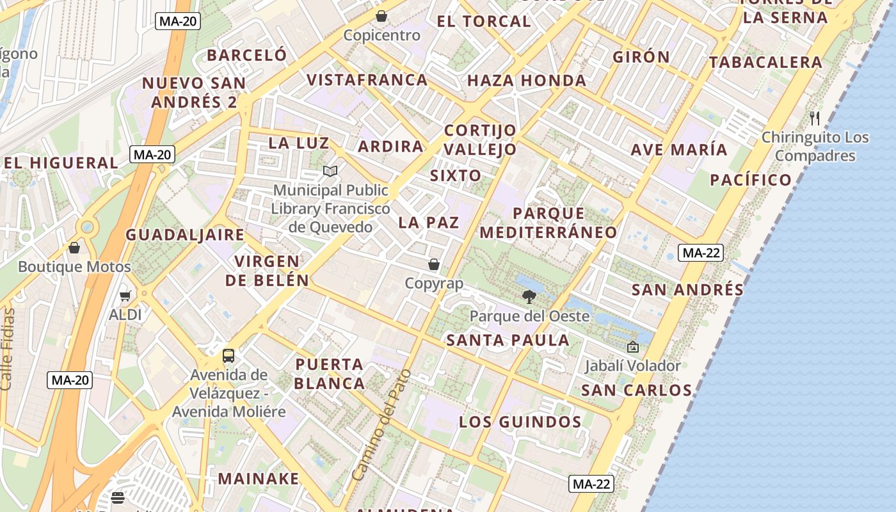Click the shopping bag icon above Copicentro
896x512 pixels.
(x=381, y=15)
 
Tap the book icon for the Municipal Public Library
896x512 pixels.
(x=330, y=172)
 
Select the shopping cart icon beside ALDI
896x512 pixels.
(x=125, y=296)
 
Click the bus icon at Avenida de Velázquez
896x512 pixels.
(x=228, y=356)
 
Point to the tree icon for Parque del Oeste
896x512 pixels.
(x=529, y=297)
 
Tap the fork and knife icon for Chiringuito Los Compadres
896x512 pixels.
(x=815, y=118)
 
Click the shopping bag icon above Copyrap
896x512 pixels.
(x=434, y=264)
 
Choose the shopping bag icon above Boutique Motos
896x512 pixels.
(x=74, y=248)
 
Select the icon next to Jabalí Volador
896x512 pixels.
(x=633, y=347)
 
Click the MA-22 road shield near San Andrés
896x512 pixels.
(x=701, y=253)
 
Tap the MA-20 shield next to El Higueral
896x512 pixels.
(x=152, y=154)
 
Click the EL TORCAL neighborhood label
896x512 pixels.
(x=484, y=21)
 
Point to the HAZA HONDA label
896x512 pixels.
(x=527, y=81)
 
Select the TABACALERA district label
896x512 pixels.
(x=765, y=63)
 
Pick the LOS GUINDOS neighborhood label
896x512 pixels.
(x=520, y=422)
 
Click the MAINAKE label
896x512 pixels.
(x=259, y=479)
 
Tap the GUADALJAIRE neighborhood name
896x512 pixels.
(x=185, y=235)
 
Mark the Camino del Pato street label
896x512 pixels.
(x=381, y=425)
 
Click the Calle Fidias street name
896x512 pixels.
(x=7, y=349)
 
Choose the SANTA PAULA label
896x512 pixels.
(x=508, y=340)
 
